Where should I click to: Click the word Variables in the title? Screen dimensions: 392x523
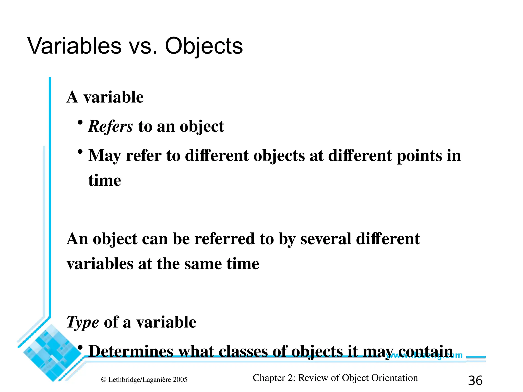pyautogui.click(x=74, y=46)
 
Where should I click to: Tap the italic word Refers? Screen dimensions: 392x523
pyautogui.click(x=110, y=126)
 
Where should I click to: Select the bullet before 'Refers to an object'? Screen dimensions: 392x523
pyautogui.click(x=80, y=122)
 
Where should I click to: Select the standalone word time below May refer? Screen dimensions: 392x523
pyautogui.click(x=105, y=180)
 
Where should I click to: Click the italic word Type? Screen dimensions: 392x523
pyautogui.click(x=82, y=322)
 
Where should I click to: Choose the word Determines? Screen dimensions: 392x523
pyautogui.click(x=131, y=351)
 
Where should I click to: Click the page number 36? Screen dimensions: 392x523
pyautogui.click(x=475, y=381)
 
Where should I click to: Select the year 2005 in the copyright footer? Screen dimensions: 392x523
pyautogui.click(x=180, y=380)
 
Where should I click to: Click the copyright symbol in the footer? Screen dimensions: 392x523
pyautogui.click(x=103, y=380)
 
